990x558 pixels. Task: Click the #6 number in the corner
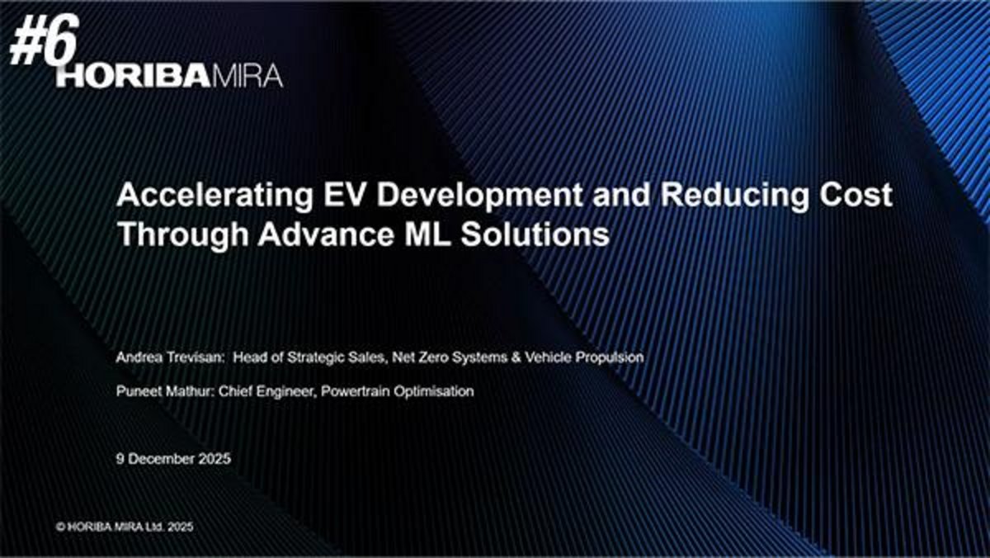pyautogui.click(x=45, y=40)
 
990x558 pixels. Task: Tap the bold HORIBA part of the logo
pyautogui.click(x=134, y=76)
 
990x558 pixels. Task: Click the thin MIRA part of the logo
pyautogui.click(x=247, y=76)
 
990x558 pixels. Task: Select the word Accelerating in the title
pyautogui.click(x=215, y=196)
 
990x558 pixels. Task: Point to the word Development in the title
pyautogui.click(x=479, y=196)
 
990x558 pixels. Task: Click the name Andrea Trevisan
pyautogui.click(x=170, y=357)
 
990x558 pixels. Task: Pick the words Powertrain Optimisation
pyautogui.click(x=398, y=392)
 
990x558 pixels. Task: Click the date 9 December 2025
pyautogui.click(x=173, y=459)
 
